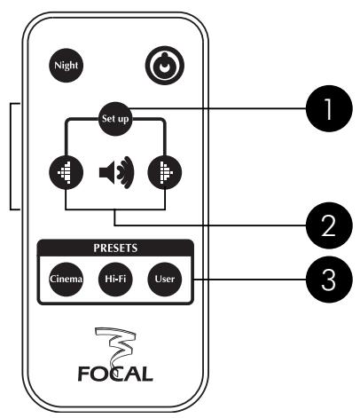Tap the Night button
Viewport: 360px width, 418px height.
[x=66, y=65]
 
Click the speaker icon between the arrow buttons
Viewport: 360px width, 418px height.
[x=115, y=172]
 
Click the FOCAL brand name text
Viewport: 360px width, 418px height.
[x=115, y=368]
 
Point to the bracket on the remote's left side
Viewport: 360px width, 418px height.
[x=12, y=156]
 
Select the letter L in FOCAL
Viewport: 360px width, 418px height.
[x=148, y=368]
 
